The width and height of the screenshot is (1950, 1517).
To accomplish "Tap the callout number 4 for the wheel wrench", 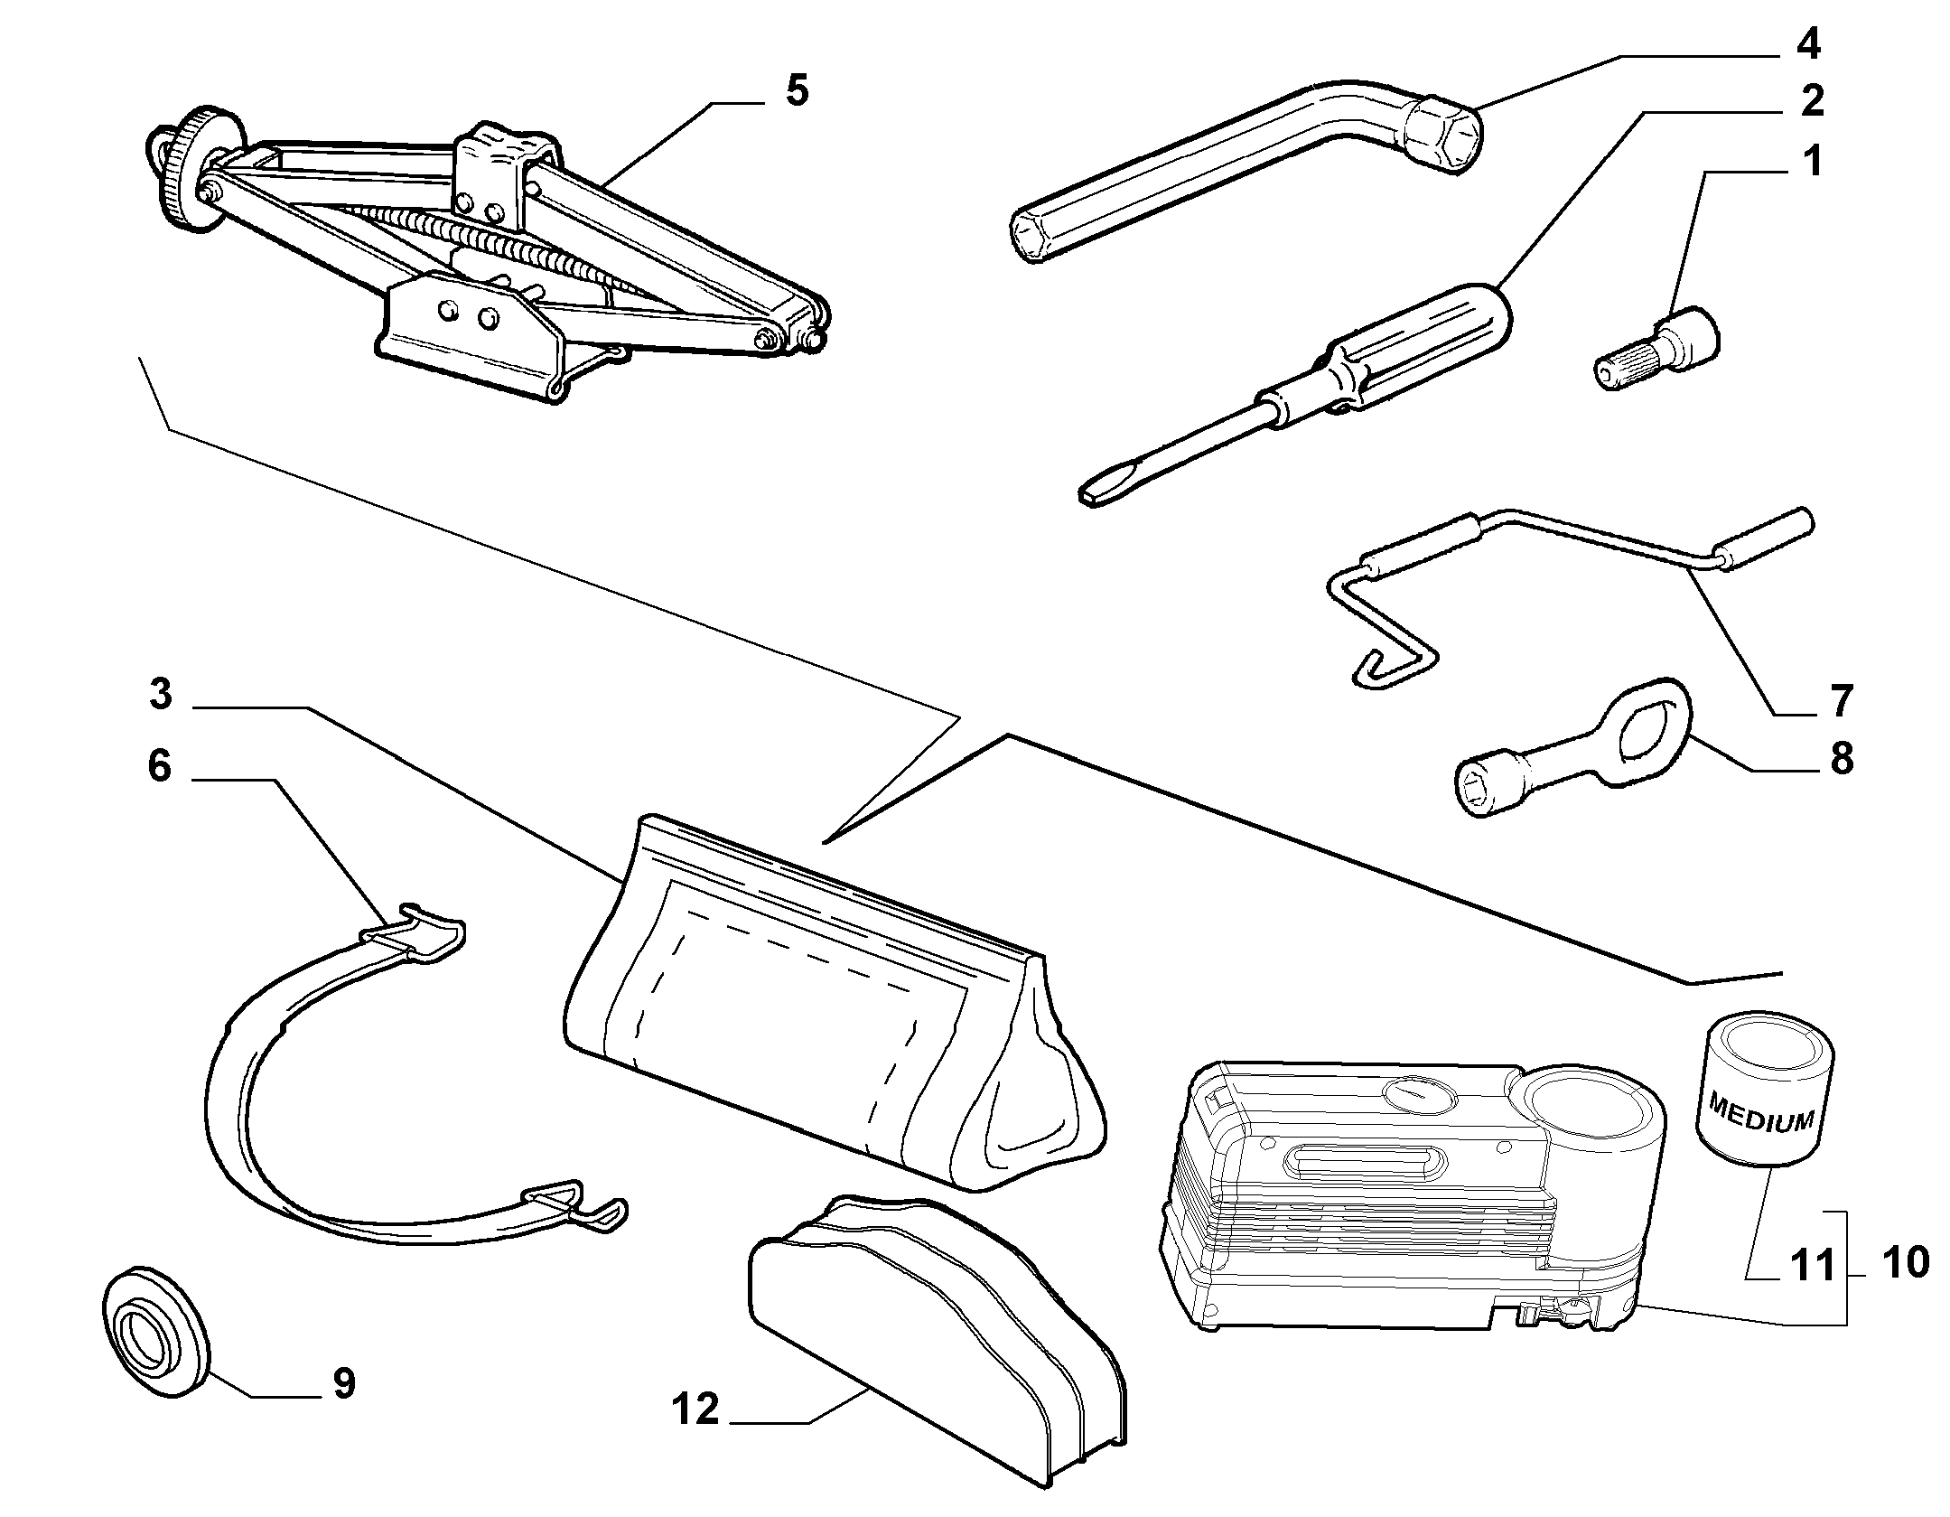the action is (x=1806, y=43).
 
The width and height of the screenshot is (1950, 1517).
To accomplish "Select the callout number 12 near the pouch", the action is (x=695, y=1409).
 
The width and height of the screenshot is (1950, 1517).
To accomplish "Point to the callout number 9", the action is (x=344, y=1383).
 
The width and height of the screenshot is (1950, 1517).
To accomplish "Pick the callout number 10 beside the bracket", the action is (x=1906, y=1262).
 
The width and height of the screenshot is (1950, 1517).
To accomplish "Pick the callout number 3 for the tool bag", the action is (x=161, y=695).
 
